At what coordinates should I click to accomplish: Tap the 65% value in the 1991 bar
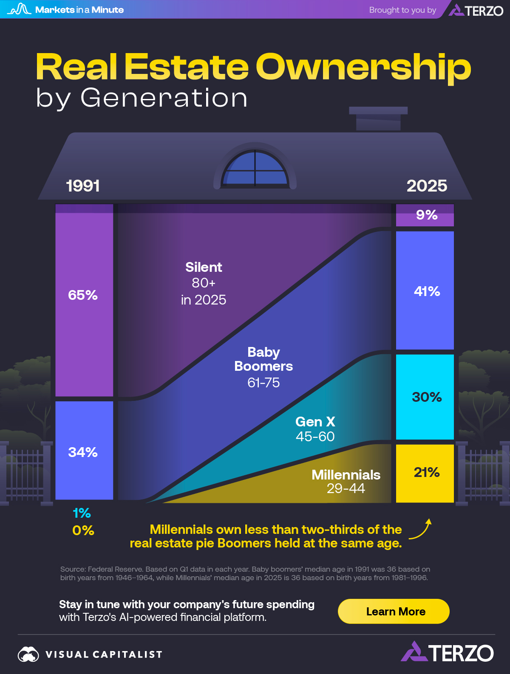[x=83, y=295]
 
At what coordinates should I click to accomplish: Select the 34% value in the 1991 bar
[x=83, y=452]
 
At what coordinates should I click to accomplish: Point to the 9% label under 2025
[x=427, y=215]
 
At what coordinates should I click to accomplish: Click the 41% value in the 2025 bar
[x=427, y=291]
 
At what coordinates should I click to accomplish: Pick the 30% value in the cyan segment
[x=427, y=397]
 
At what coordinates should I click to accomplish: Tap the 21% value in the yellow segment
[x=427, y=472]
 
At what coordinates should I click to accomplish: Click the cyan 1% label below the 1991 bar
[x=82, y=513]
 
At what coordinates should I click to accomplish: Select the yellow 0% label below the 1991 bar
[x=83, y=530]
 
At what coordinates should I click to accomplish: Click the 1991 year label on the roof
[x=83, y=186]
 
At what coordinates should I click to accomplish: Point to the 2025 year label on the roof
[x=427, y=186]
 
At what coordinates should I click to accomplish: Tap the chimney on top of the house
[x=378, y=118]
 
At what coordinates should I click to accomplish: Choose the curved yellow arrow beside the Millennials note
[x=421, y=530]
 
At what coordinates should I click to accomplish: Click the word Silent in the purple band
[x=204, y=267]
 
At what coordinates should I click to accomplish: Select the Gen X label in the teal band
[x=315, y=422]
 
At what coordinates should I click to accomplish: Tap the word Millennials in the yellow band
[x=346, y=475]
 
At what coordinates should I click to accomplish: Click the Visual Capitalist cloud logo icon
[x=28, y=654]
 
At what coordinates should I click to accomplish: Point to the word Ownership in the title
[x=363, y=67]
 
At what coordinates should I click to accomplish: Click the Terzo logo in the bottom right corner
[x=447, y=653]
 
